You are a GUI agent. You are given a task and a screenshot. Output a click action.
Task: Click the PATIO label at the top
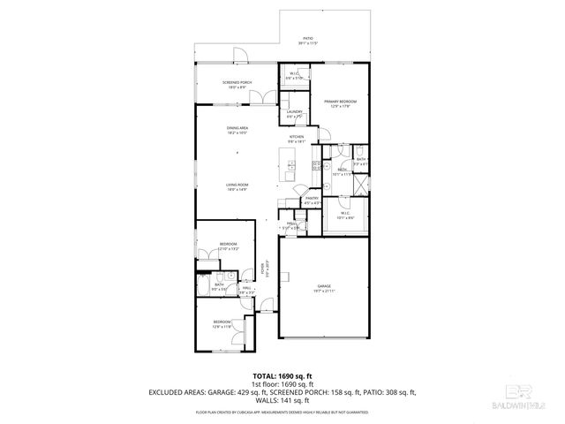tap(308, 39)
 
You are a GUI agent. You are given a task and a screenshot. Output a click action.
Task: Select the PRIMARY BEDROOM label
tap(339, 102)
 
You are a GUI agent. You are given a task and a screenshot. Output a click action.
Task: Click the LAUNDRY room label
tap(294, 111)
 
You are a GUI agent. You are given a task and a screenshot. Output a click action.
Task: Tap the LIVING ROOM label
tap(236, 185)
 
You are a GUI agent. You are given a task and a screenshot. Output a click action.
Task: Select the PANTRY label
tap(311, 199)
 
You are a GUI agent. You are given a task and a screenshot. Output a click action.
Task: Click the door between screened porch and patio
tap(238, 63)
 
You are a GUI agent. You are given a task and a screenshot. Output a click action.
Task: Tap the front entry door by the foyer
tap(265, 311)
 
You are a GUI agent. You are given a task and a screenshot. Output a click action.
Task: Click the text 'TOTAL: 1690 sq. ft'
tap(282, 376)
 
